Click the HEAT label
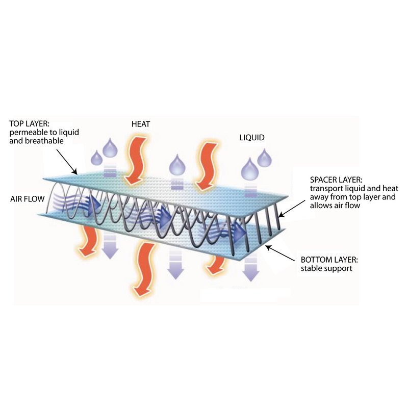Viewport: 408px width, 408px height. click(141, 124)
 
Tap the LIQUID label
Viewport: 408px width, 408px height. click(252, 138)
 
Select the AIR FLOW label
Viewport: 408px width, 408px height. click(28, 199)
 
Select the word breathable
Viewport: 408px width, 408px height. click(44, 141)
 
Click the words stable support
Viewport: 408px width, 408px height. click(326, 268)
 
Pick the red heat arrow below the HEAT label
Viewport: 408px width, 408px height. click(135, 160)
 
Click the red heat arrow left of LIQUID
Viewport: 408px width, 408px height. click(207, 167)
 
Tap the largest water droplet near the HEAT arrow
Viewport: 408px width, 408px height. click(110, 148)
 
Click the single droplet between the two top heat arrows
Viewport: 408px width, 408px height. click(177, 164)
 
